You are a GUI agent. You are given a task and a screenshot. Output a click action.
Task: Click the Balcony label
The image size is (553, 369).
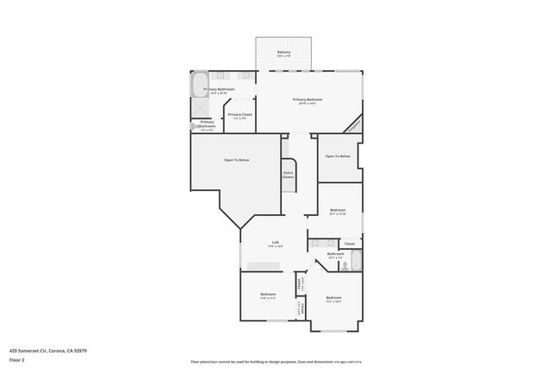pyautogui.click(x=284, y=54)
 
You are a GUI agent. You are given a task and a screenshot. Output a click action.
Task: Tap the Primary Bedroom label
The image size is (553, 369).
pyautogui.click(x=309, y=102)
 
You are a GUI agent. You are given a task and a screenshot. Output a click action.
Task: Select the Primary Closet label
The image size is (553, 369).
pyautogui.click(x=239, y=116)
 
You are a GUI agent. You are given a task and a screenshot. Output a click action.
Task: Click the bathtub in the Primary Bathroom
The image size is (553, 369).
pyautogui.click(x=198, y=86)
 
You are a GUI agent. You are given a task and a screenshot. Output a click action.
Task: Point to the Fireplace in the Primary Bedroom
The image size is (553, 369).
pyautogui.click(x=353, y=125)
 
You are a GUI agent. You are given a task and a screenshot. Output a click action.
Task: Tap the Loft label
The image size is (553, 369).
pyautogui.click(x=276, y=244)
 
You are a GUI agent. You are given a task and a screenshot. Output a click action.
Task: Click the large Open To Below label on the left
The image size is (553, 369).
pyautogui.click(x=237, y=160)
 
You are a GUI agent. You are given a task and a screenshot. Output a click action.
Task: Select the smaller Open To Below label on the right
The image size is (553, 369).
pyautogui.click(x=338, y=156)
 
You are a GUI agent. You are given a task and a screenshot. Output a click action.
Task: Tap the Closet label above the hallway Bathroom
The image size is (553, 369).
pyautogui.click(x=349, y=244)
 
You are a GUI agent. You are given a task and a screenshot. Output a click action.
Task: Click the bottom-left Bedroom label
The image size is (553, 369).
pyautogui.click(x=268, y=296)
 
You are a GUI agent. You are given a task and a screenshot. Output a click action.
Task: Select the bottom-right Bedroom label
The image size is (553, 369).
pyautogui.click(x=334, y=299)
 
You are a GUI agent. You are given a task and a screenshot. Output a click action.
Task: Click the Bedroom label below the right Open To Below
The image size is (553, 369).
pyautogui.click(x=338, y=211)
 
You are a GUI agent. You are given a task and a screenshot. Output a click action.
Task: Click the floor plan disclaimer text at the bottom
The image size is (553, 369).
pyautogui.click(x=276, y=360)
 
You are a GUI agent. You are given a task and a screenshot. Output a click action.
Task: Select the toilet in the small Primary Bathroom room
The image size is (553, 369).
pyautogui.click(x=195, y=125)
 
